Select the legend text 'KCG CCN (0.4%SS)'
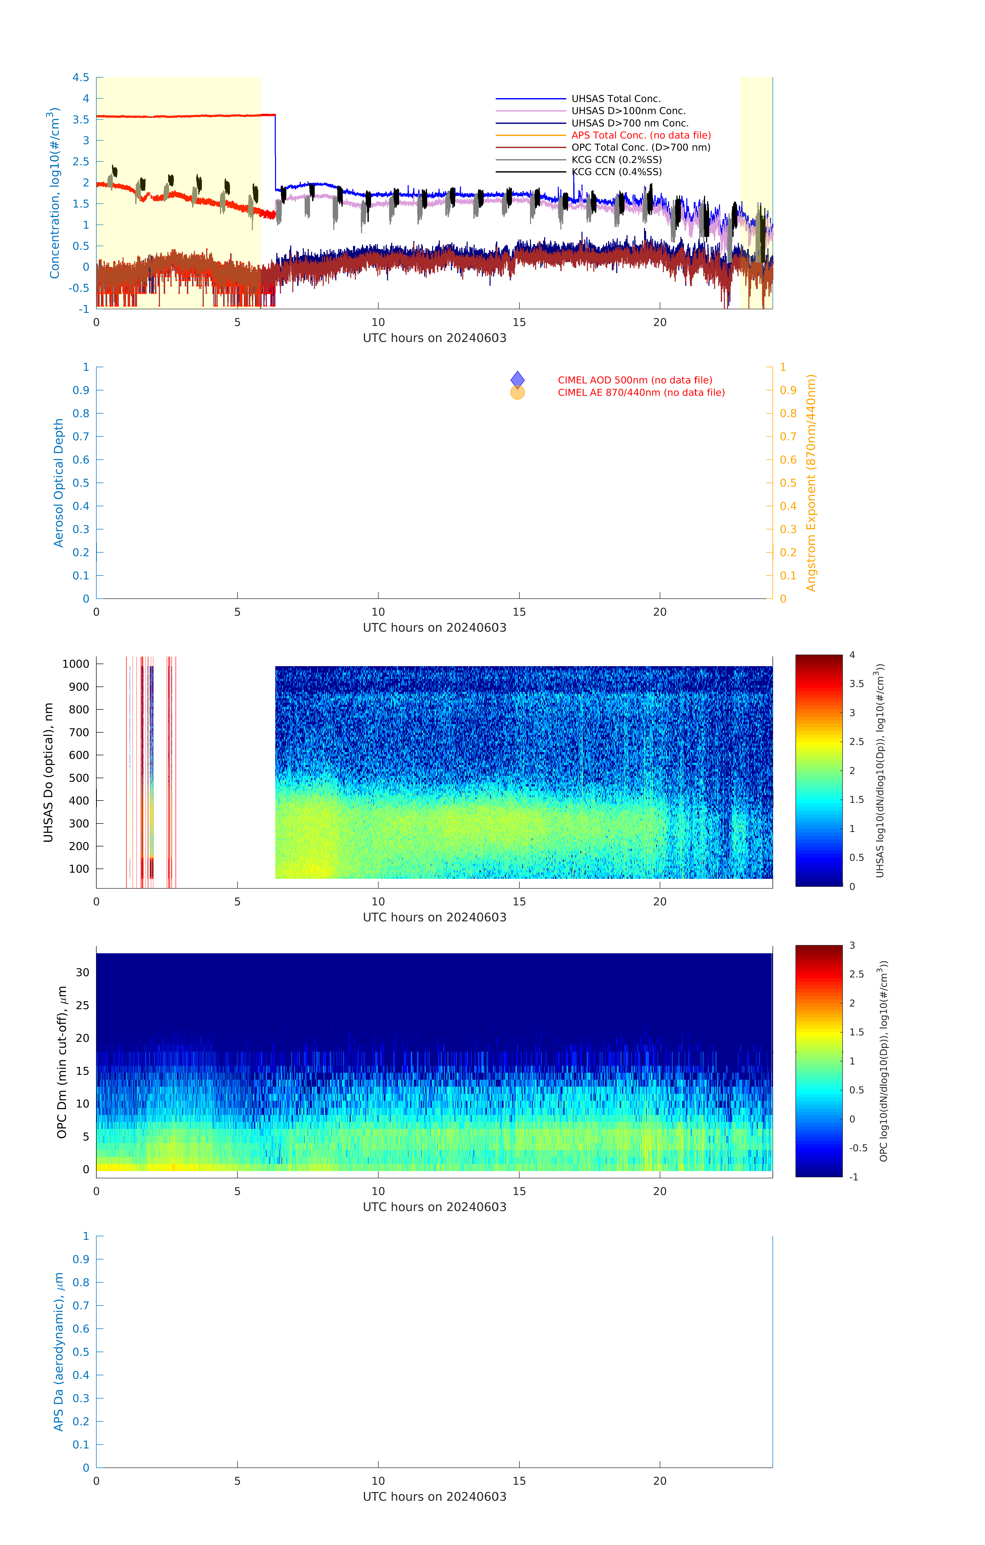tap(616, 172)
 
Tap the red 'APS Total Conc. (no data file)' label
tap(640, 135)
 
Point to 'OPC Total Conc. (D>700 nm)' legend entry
tap(640, 148)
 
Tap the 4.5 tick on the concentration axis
tap(81, 78)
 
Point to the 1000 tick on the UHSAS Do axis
tap(76, 664)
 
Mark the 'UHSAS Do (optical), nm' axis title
tap(48, 772)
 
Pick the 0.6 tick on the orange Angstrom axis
tap(788, 460)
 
